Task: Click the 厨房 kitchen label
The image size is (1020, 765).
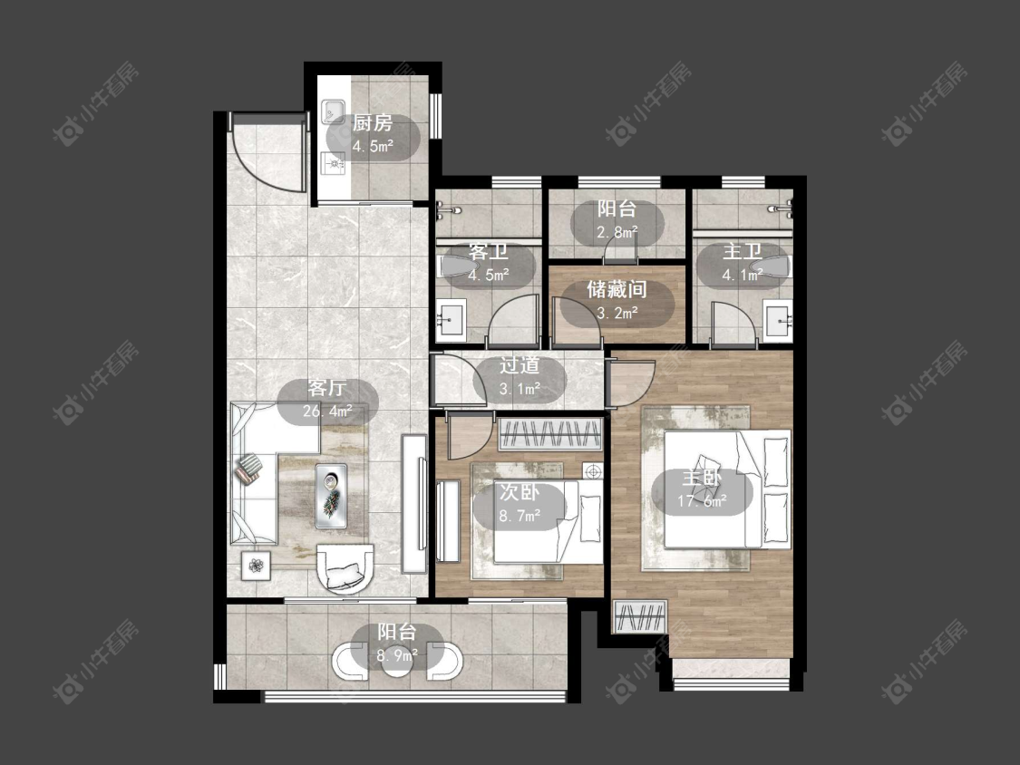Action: [x=372, y=122]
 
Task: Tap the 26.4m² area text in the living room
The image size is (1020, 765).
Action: [x=327, y=412]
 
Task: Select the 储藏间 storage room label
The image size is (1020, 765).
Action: [x=617, y=289]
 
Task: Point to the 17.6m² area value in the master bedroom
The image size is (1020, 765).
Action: [x=702, y=501]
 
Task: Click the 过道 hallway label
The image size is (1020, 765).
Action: [x=520, y=365]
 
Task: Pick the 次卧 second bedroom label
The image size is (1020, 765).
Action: [x=520, y=492]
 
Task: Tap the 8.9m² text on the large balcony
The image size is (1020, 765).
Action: [x=397, y=655]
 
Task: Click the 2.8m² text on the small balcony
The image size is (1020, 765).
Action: [x=617, y=231]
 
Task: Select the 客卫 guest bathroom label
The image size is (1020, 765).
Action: [x=488, y=252]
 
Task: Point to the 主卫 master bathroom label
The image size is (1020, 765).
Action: [x=742, y=252]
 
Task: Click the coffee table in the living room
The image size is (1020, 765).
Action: [x=331, y=496]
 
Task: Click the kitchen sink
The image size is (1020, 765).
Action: [x=335, y=111]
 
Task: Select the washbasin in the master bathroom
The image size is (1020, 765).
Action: [x=778, y=322]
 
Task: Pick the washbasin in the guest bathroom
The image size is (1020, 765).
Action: [x=450, y=321]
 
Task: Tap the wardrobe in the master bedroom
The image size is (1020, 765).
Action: [x=640, y=616]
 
